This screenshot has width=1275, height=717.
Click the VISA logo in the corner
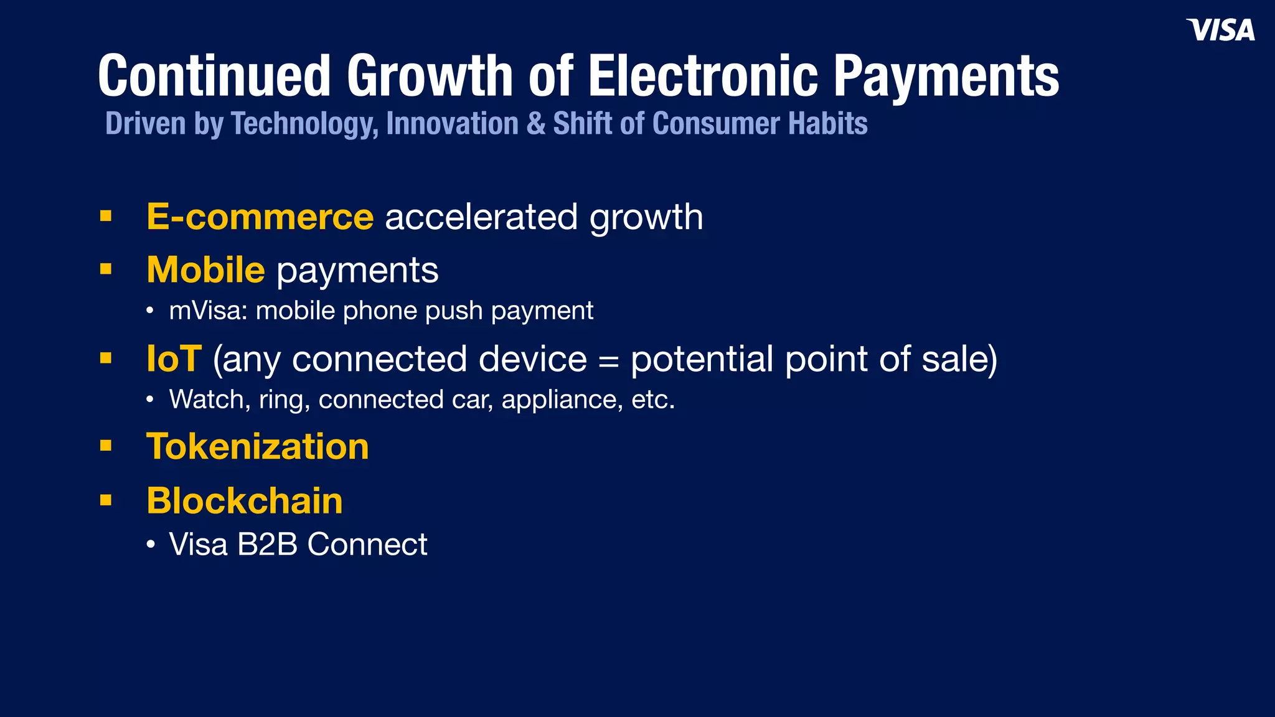[x=1220, y=30]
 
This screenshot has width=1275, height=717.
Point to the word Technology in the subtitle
[x=304, y=124]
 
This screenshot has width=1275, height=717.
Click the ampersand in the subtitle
[x=535, y=124]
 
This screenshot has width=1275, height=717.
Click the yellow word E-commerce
[x=260, y=217]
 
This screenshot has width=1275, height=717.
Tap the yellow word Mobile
[x=205, y=270]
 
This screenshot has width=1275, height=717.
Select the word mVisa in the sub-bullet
[x=208, y=311]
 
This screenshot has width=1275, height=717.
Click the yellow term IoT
[x=174, y=359]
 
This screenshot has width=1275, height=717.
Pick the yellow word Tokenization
[x=257, y=447]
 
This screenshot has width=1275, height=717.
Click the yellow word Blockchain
[x=244, y=501]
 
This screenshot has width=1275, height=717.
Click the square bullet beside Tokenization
[x=106, y=446]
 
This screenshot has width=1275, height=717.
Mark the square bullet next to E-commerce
[x=106, y=216]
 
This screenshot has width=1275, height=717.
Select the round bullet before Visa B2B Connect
[x=150, y=545]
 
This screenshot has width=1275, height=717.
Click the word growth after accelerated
[x=646, y=217]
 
